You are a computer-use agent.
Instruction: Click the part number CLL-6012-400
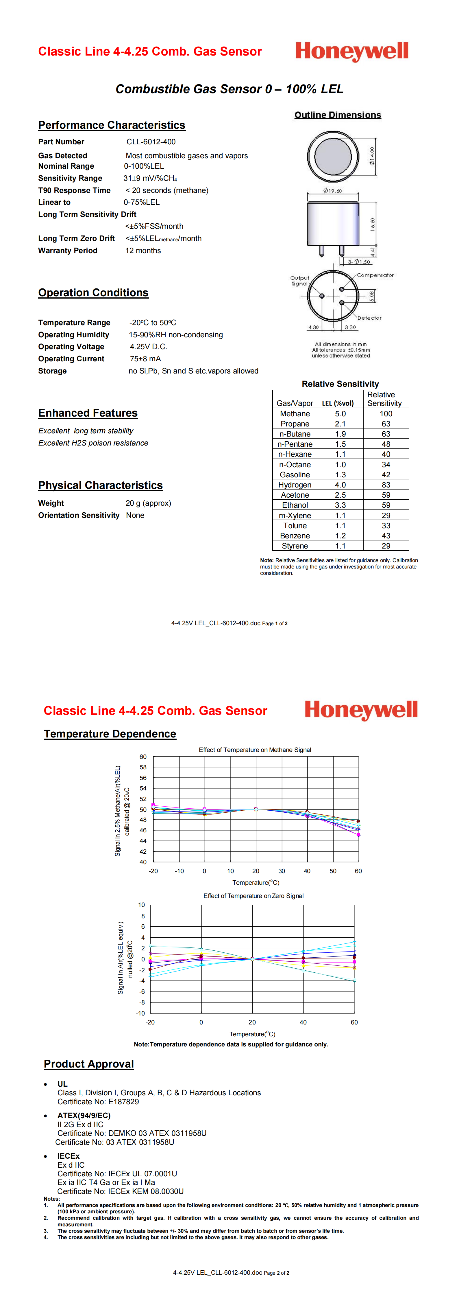(151, 142)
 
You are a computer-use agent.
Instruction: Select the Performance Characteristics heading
(111, 125)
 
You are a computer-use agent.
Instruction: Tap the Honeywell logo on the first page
(352, 51)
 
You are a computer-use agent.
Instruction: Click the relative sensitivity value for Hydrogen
(386, 485)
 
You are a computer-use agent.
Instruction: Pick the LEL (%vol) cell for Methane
(340, 413)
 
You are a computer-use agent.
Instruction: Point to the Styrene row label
(295, 546)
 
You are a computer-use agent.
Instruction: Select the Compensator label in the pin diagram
(375, 275)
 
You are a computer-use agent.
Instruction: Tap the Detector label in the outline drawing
(369, 318)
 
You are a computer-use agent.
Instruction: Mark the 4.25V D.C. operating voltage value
(148, 346)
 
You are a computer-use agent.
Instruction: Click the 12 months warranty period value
(143, 251)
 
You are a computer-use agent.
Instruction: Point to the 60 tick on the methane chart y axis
(143, 757)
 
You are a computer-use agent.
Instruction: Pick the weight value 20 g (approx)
(148, 503)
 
